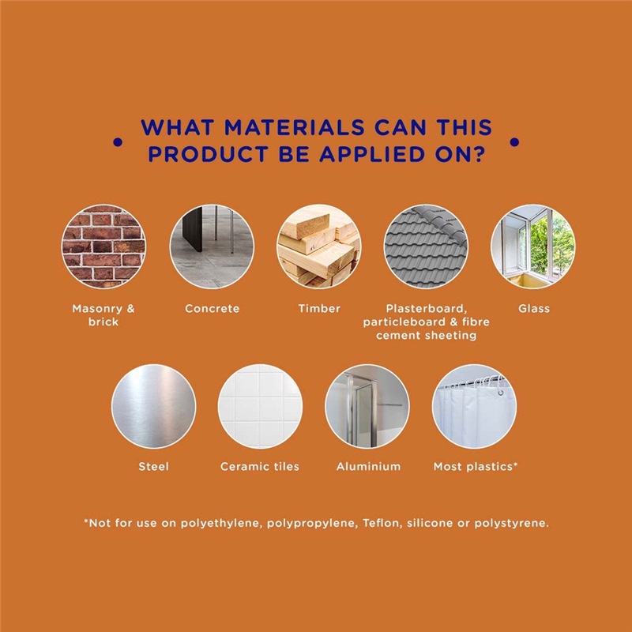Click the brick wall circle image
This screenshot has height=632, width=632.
[103, 246]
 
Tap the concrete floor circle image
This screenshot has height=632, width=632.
[212, 246]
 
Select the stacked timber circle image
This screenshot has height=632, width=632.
[319, 246]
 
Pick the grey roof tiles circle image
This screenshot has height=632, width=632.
[426, 246]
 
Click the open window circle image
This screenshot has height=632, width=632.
[533, 246]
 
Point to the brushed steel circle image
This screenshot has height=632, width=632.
[153, 406]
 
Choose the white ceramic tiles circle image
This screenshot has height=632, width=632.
[260, 406]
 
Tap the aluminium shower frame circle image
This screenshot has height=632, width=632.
[367, 406]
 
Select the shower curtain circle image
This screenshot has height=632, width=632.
[475, 406]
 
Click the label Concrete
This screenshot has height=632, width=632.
[212, 309]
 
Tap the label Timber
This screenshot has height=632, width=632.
[319, 309]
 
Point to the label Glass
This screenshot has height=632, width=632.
[534, 309]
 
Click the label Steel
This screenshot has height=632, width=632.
[153, 467]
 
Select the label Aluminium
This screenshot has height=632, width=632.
[368, 467]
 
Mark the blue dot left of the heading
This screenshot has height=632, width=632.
[118, 142]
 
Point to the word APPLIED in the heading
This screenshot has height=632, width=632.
[372, 154]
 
